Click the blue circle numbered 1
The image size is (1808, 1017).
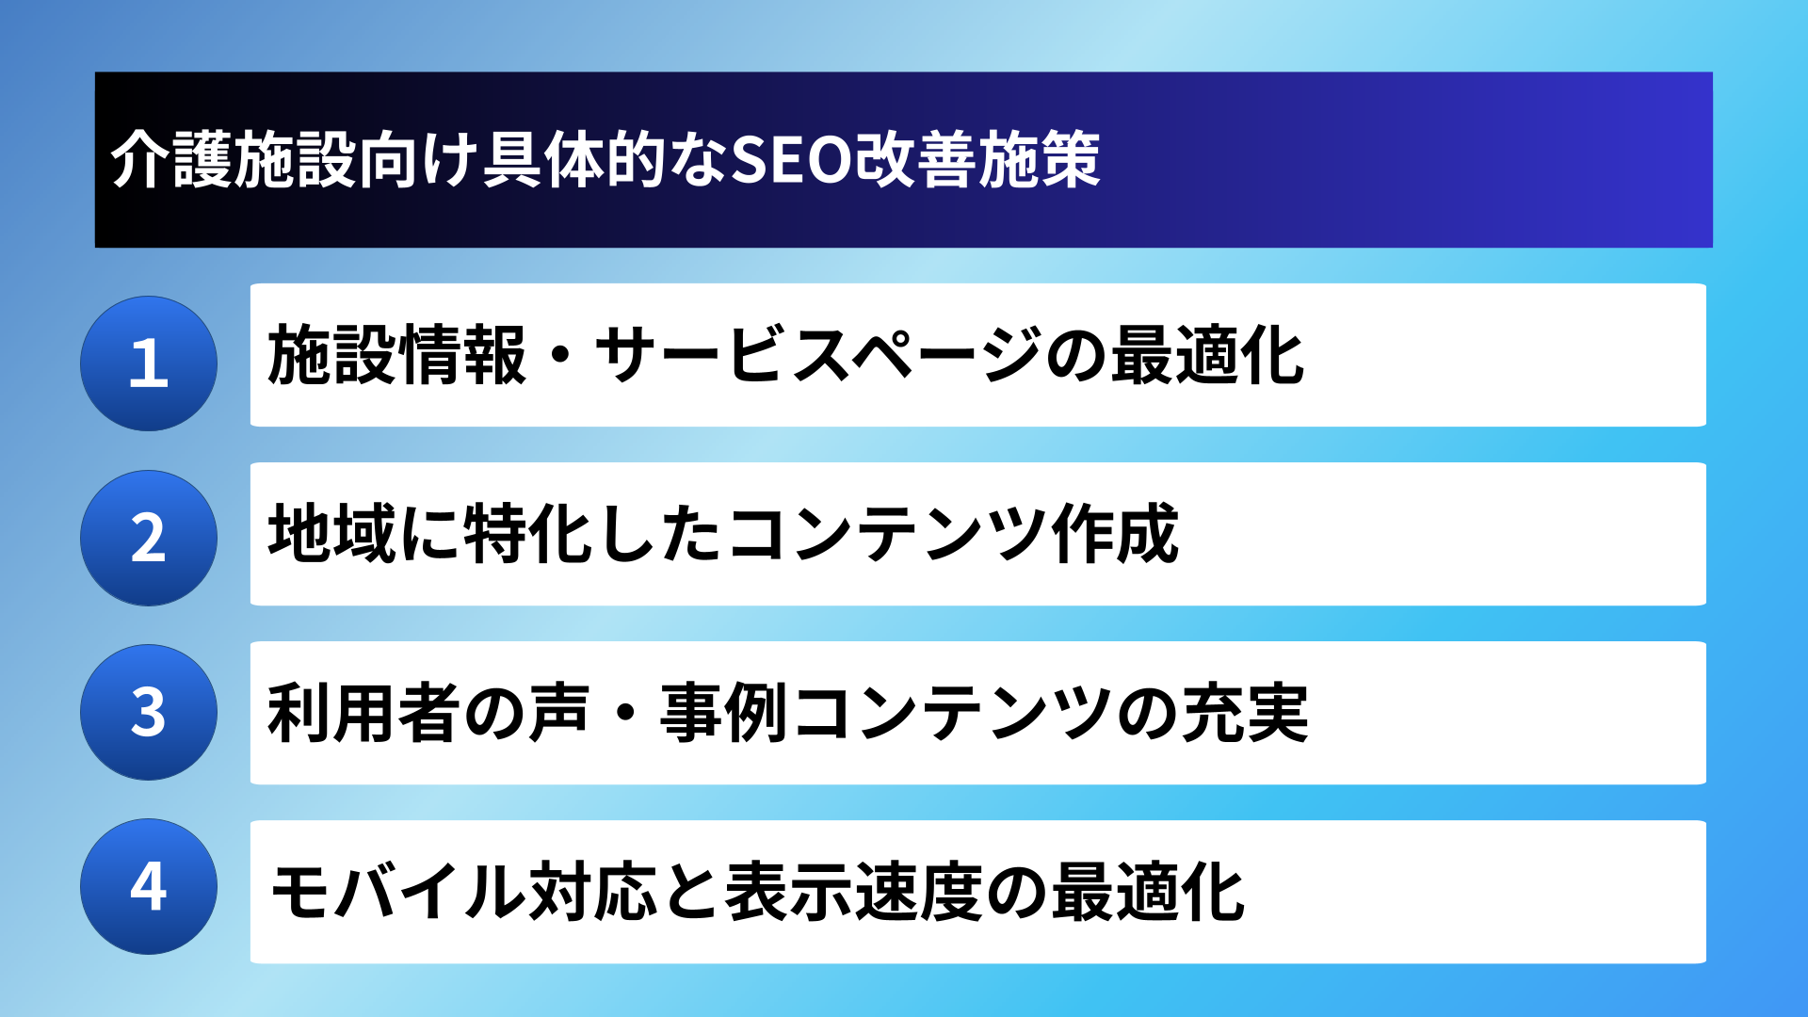(x=149, y=363)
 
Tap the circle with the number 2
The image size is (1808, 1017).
(x=149, y=538)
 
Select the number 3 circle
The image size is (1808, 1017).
(x=149, y=712)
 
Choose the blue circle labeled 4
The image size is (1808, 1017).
(x=149, y=886)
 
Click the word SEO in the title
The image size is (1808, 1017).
(x=791, y=160)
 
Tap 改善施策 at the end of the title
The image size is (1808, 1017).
(x=977, y=160)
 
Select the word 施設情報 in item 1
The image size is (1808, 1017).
(x=396, y=355)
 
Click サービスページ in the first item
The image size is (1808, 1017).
(x=818, y=355)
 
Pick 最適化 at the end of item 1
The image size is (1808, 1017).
(x=1207, y=355)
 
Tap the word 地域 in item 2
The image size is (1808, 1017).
(x=331, y=534)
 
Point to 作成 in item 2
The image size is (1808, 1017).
(x=1116, y=534)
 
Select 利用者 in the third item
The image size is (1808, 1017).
(x=363, y=713)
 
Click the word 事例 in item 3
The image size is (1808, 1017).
(x=723, y=713)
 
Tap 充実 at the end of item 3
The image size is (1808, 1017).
(x=1245, y=713)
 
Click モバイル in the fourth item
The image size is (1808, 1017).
(x=397, y=892)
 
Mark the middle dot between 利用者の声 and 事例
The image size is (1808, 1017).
(x=625, y=713)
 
